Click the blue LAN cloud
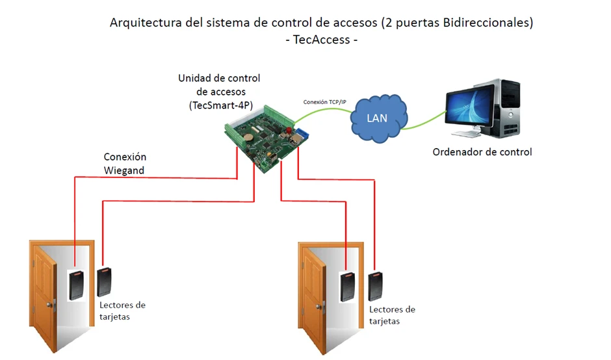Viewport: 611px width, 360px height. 378,118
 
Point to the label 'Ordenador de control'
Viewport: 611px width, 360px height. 482,152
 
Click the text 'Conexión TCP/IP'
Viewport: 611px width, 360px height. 325,102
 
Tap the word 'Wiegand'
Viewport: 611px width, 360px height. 124,170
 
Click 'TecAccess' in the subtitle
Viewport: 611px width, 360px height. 322,40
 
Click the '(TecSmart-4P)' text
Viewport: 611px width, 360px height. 220,105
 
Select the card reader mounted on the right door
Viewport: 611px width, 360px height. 347,287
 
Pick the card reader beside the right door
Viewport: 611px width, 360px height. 375,286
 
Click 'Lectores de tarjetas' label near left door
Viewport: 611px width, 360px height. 122,310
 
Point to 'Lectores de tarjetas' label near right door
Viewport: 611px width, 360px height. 391,315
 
